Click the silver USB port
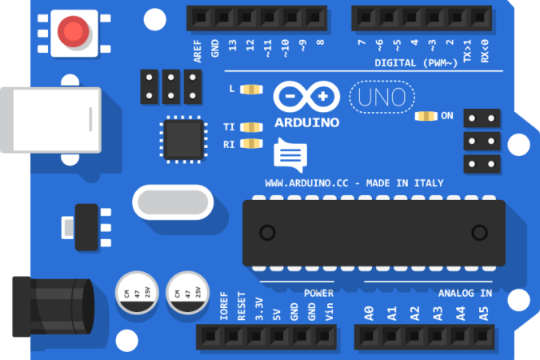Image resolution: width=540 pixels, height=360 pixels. coord(51,120)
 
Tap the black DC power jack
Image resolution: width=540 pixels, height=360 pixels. coord(53,306)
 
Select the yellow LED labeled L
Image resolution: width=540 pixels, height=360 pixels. coord(251,90)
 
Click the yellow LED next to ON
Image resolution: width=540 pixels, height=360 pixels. coord(426,116)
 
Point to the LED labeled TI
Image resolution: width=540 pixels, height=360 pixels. coord(251,127)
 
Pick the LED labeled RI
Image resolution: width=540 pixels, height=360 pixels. coord(251,143)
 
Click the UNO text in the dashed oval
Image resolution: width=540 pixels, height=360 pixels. coord(382,97)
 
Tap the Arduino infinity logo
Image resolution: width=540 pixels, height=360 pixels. coord(306,97)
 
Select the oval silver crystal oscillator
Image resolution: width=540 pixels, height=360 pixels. coord(173,202)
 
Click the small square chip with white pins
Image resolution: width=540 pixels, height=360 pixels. coord(183,139)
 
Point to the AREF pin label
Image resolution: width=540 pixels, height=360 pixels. coord(198,51)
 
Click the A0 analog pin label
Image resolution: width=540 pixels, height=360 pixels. coord(369,314)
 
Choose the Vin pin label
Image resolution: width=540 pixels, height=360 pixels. coord(330,311)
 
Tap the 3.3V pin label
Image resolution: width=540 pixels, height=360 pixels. coord(259,310)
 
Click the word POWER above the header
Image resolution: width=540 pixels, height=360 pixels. coord(318,293)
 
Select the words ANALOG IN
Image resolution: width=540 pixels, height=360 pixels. coord(465,293)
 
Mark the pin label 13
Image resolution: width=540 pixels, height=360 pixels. coord(233,46)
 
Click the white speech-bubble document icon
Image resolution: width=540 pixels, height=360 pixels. coord(290,155)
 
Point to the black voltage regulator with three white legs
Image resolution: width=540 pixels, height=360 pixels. coord(86,227)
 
